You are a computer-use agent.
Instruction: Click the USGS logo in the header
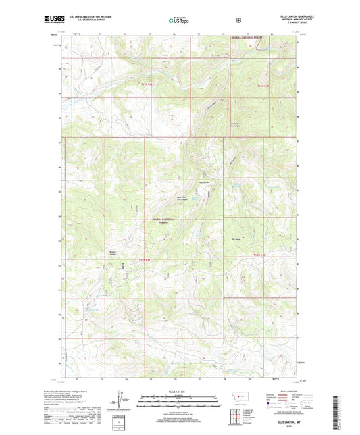[x=53, y=21]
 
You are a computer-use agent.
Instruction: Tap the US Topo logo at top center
[x=180, y=21]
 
